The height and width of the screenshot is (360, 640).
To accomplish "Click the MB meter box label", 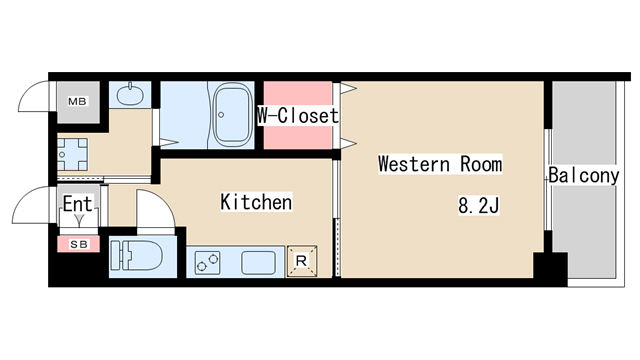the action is click(x=78, y=101).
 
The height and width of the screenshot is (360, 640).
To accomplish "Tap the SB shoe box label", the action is click(x=79, y=244).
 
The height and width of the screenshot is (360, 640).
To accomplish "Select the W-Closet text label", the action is click(x=298, y=116).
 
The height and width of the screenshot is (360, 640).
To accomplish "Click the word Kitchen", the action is click(x=256, y=202).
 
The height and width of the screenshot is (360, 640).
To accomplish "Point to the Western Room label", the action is click(x=440, y=164).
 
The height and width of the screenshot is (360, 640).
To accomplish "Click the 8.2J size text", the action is click(x=478, y=205).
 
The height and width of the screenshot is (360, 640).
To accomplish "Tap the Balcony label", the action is click(x=584, y=176).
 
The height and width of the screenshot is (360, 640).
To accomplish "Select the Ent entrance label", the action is click(x=78, y=203).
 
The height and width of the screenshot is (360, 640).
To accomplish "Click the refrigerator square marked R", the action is click(x=302, y=261).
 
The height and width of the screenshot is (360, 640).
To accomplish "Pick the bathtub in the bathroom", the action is click(x=231, y=115).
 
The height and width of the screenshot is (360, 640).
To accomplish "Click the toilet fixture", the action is click(x=136, y=255).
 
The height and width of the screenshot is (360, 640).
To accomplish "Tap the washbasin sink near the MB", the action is click(x=130, y=95).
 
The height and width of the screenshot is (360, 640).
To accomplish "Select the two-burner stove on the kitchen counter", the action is click(x=207, y=262).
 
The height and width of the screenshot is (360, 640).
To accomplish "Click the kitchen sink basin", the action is click(x=258, y=262).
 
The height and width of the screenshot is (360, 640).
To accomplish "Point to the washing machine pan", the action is click(x=72, y=154).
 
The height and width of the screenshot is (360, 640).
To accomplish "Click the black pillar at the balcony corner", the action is click(x=550, y=269).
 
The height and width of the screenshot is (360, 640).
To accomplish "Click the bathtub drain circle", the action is click(x=221, y=115).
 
